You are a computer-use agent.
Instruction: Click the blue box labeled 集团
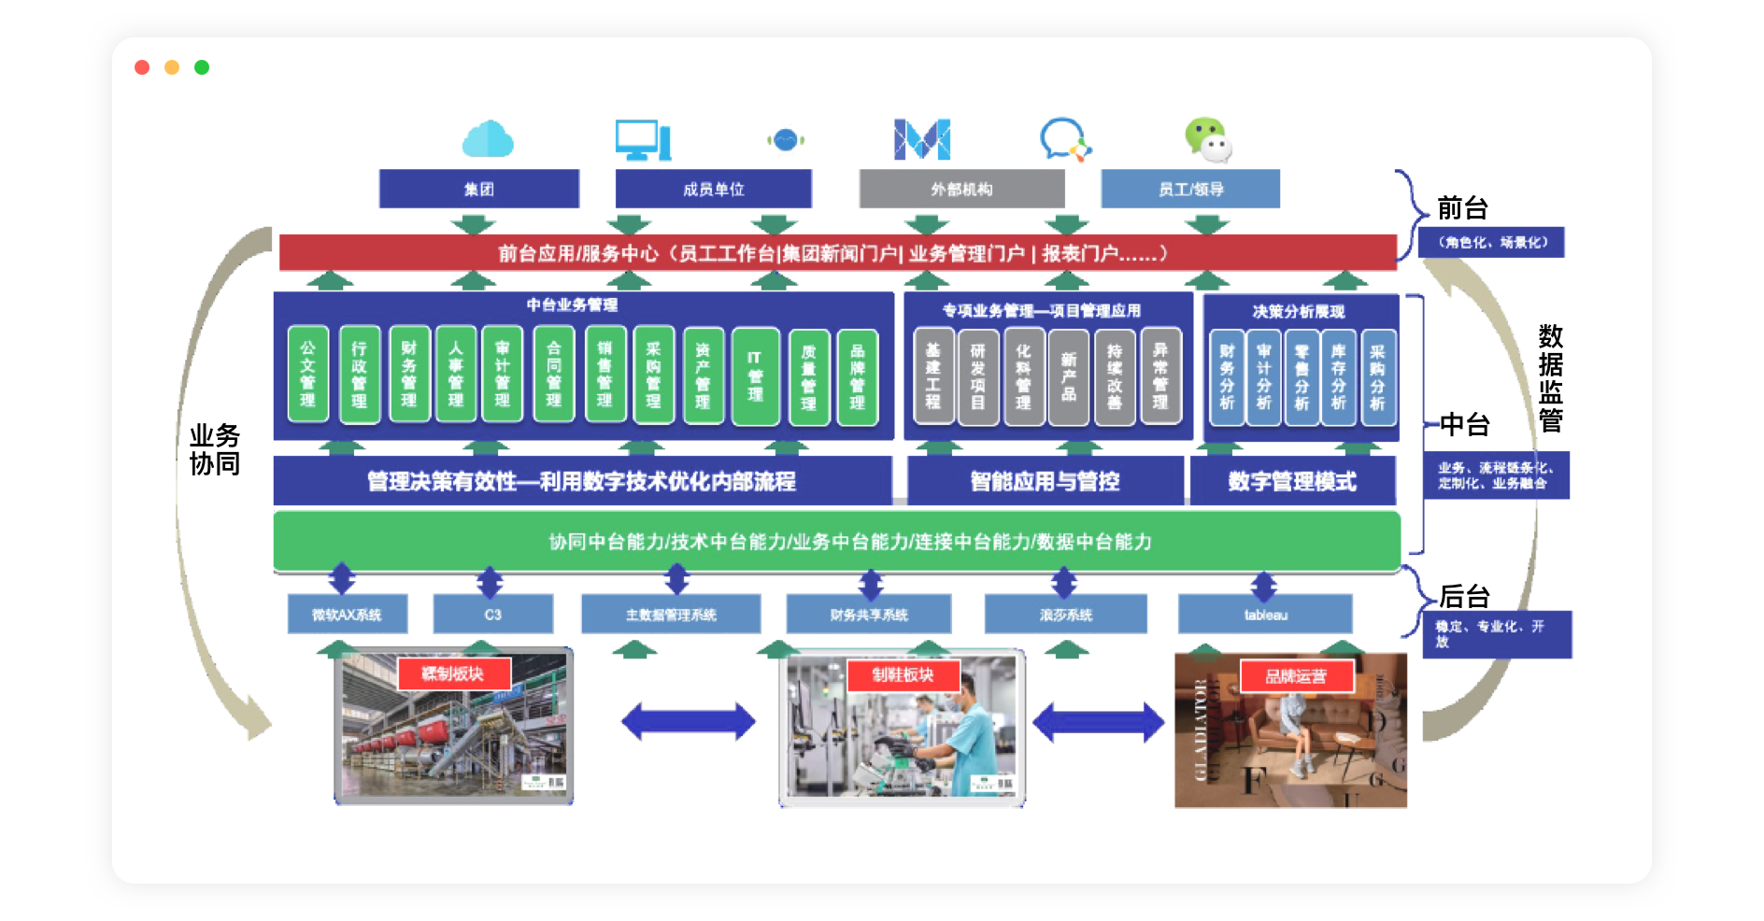[478, 189]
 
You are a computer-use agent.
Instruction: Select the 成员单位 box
[713, 189]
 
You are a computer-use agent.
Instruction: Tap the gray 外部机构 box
[961, 189]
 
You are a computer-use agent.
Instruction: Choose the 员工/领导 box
[1190, 189]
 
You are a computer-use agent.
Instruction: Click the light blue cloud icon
[488, 139]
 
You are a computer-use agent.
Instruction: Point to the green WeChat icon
[1208, 140]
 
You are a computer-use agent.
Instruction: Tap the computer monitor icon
[643, 140]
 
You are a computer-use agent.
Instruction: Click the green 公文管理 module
[307, 374]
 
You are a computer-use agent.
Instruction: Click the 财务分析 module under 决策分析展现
[1227, 376]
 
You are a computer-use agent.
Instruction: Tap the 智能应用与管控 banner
[1045, 481]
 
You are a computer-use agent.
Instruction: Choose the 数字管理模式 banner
[1292, 481]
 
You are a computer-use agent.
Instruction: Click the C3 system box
[492, 615]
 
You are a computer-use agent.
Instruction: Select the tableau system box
[1265, 615]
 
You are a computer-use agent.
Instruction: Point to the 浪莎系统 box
[1065, 615]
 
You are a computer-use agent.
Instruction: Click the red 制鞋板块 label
[903, 674]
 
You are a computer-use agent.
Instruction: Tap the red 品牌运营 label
[1296, 676]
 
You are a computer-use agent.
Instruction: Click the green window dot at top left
[202, 67]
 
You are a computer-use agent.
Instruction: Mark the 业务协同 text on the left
[215, 449]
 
